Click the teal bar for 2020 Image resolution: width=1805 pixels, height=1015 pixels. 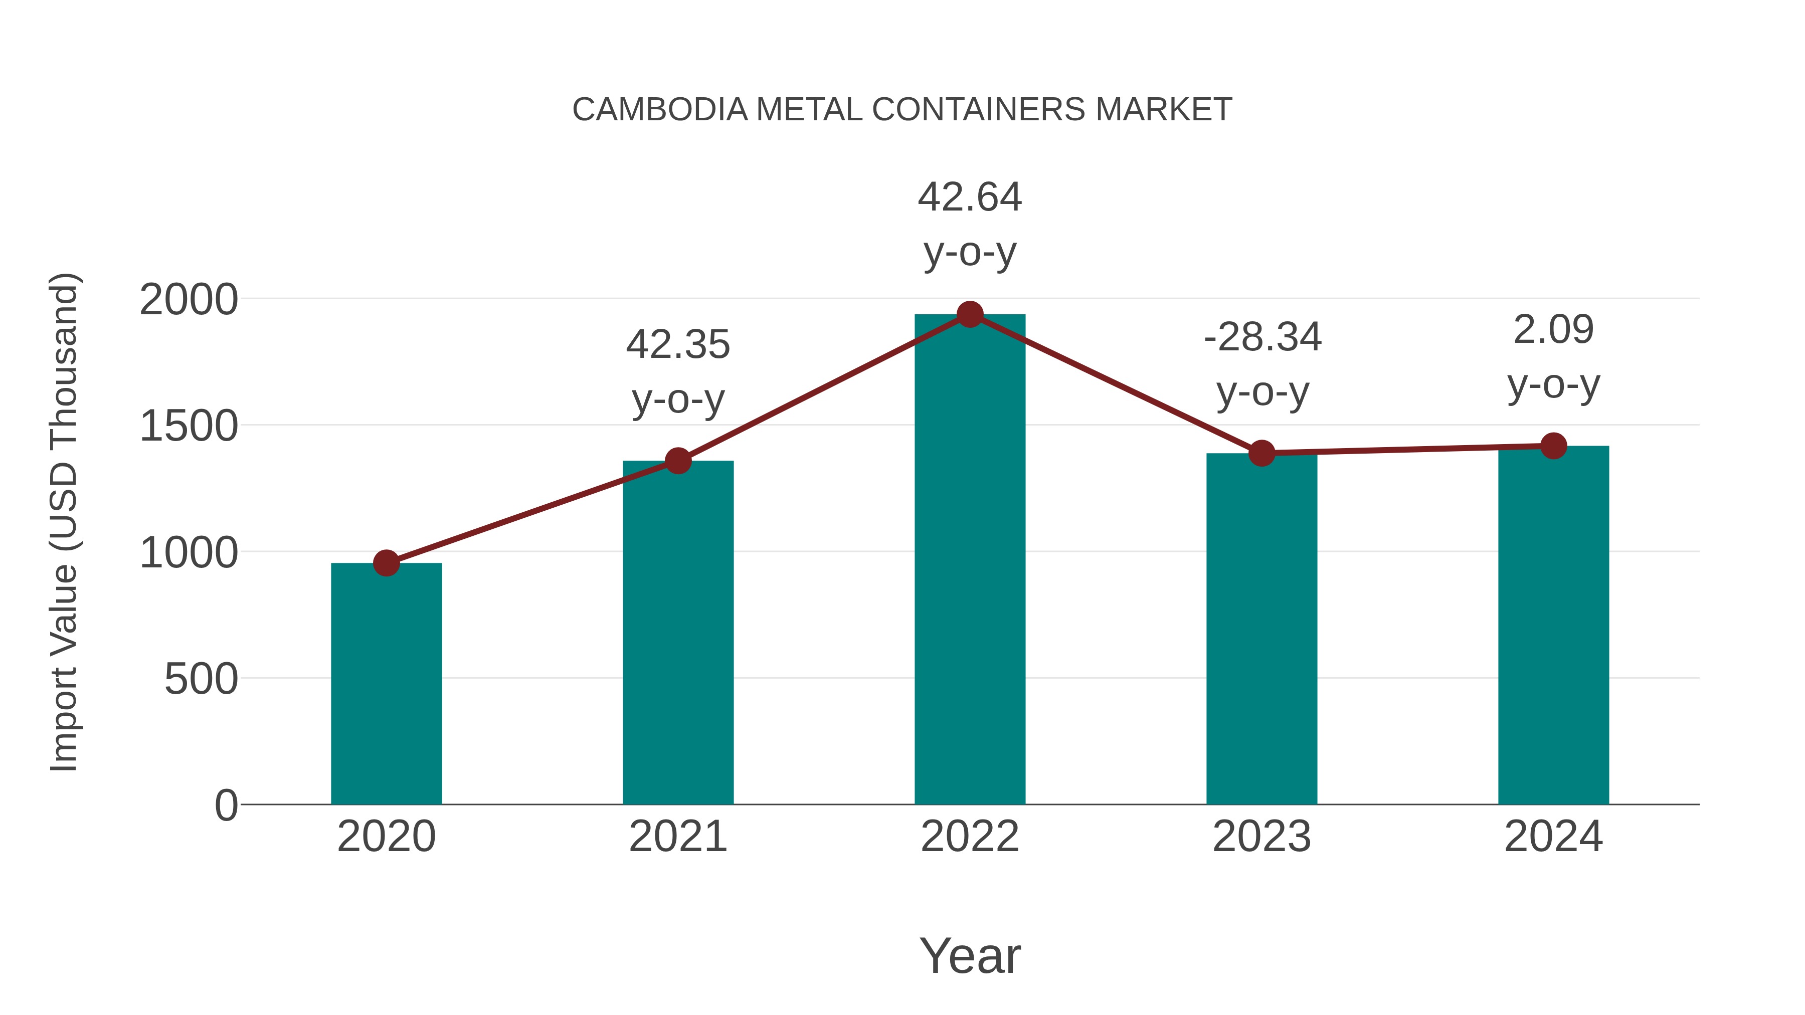tap(386, 683)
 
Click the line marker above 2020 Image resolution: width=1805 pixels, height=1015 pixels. tap(386, 562)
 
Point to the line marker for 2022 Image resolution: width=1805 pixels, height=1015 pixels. tap(970, 314)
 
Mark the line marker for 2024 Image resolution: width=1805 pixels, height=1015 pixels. tap(1553, 446)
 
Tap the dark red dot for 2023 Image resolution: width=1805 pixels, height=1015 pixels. tap(1261, 453)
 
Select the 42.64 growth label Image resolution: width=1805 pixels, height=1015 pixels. tap(970, 224)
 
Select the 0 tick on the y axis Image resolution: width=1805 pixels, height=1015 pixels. tap(226, 805)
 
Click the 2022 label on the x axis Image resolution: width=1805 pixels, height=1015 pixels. tap(970, 837)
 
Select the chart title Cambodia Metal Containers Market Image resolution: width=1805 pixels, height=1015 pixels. tap(902, 110)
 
